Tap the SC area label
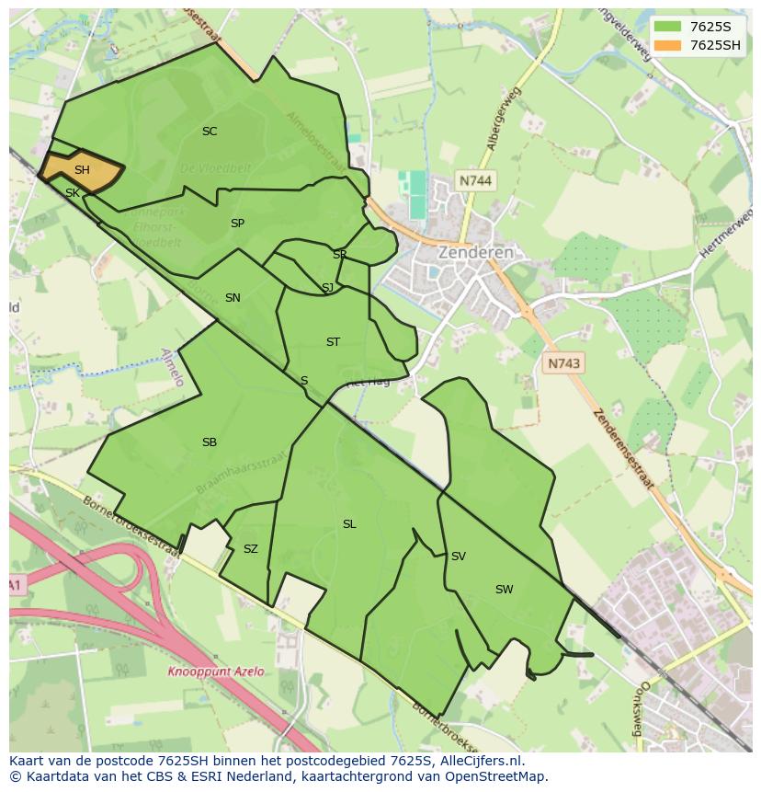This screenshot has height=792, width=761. tap(210, 132)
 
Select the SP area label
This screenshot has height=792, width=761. tap(237, 224)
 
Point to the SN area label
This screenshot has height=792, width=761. tap(233, 298)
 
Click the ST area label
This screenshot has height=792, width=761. tap(333, 342)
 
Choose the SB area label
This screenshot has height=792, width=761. tap(210, 442)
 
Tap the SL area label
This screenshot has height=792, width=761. tap(349, 524)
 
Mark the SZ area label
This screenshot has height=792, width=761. tap(251, 549)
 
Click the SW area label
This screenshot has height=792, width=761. tap(504, 590)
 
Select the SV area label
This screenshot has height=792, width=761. tap(458, 557)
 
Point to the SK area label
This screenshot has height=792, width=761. tap(72, 193)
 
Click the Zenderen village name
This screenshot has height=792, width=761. tap(475, 252)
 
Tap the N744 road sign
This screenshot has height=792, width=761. tap(475, 181)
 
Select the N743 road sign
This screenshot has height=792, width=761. tap(563, 363)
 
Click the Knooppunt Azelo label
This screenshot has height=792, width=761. tap(215, 671)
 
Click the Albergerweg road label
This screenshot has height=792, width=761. tap(505, 119)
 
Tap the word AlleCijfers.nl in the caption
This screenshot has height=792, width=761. tap(481, 761)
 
